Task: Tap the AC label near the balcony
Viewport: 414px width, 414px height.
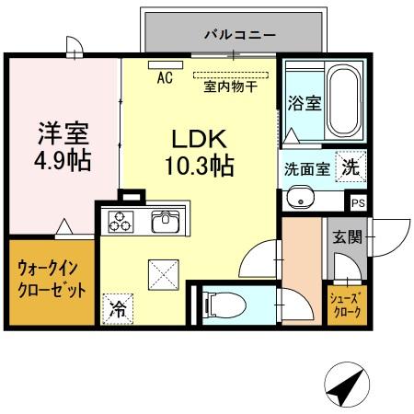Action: tap(165, 77)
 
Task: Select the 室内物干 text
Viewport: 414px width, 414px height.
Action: tap(229, 88)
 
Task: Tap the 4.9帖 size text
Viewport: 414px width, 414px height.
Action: tap(63, 162)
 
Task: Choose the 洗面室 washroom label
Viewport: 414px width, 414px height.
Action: tap(306, 169)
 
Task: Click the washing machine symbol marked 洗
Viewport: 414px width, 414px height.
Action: tap(351, 167)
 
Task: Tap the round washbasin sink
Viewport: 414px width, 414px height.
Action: tap(299, 198)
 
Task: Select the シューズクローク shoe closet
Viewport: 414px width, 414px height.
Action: tap(346, 305)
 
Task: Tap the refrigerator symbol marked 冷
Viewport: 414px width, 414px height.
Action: tap(118, 308)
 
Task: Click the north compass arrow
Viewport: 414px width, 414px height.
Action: tap(346, 387)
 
